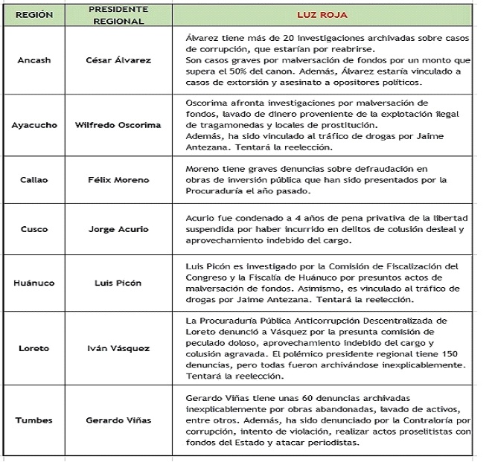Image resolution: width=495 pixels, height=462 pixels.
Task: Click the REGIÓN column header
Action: pos(34,14)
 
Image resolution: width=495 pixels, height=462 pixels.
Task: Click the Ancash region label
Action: pos(34,60)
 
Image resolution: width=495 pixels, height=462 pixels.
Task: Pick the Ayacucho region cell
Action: pos(34,125)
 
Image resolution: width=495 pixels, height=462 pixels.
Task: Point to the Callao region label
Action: pos(34,180)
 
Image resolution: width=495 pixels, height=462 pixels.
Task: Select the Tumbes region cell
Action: pos(34,420)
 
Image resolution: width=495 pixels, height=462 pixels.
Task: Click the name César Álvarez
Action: pos(118,60)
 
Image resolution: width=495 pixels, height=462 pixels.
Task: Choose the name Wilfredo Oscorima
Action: pos(118,125)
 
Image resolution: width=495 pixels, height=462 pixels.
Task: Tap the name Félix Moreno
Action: pos(118,180)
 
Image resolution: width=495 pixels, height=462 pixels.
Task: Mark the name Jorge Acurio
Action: pos(118,230)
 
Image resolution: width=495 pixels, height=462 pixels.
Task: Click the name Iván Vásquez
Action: pos(118,348)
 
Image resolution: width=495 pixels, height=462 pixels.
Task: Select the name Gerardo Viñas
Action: pos(118,420)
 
